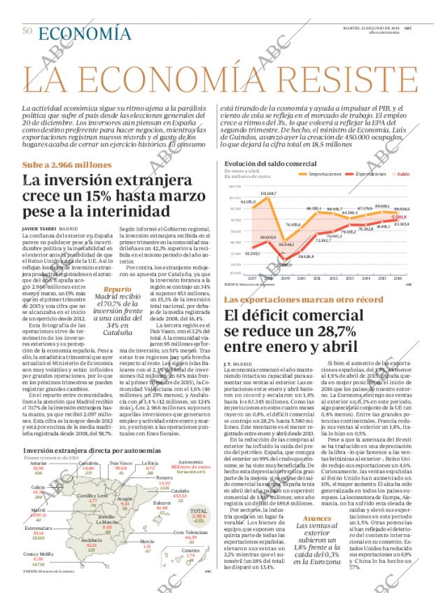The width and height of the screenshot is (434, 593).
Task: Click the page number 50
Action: [x=27, y=30]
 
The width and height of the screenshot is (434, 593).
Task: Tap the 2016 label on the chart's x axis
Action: [x=398, y=278]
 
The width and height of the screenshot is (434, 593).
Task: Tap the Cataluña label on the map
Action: [x=180, y=471]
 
